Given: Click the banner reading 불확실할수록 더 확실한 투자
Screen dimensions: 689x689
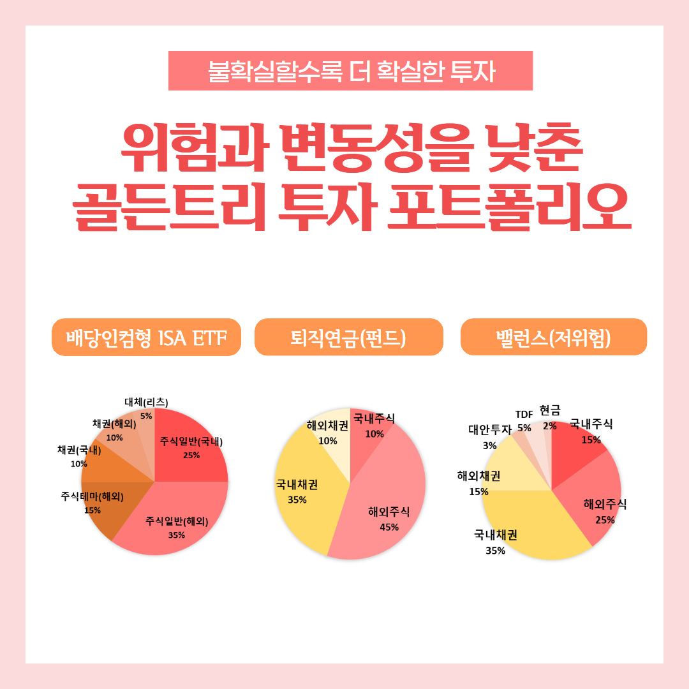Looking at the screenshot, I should pyautogui.click(x=350, y=71).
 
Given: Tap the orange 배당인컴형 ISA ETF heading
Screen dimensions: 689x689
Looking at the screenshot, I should pyautogui.click(x=146, y=337).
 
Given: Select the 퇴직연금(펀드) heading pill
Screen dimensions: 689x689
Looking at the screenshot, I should pyautogui.click(x=348, y=337).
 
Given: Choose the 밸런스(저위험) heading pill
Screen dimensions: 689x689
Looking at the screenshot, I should pyautogui.click(x=553, y=337).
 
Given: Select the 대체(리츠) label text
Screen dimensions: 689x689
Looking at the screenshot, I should pyautogui.click(x=146, y=402).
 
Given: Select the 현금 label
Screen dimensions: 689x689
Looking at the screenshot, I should pyautogui.click(x=549, y=410).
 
